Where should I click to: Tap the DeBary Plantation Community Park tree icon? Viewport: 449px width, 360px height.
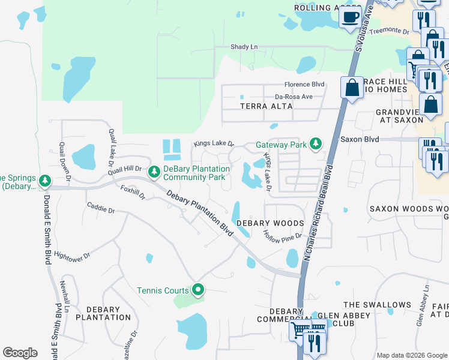(x=154, y=172)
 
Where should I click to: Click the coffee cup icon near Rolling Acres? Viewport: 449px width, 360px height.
(x=350, y=17)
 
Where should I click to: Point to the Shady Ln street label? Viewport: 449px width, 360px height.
(x=244, y=47)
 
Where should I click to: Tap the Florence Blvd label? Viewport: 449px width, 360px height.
(x=305, y=85)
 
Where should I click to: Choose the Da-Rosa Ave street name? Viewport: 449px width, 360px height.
(x=294, y=96)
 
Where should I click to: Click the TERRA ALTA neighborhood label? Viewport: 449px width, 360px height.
(x=266, y=106)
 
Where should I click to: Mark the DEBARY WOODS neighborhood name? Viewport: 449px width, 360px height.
(x=270, y=223)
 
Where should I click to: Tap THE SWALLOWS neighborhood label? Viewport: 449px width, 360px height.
(x=377, y=305)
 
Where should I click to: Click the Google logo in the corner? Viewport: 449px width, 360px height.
(x=20, y=353)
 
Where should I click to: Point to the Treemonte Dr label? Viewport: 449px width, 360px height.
(x=389, y=31)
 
